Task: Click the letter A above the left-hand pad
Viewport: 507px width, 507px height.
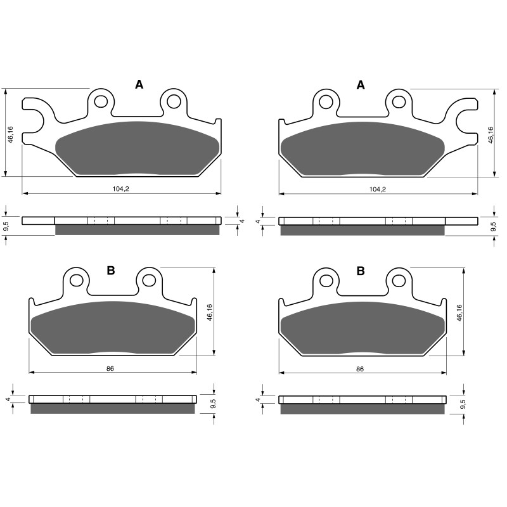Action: (x=139, y=85)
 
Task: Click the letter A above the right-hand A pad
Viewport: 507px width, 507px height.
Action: (x=361, y=85)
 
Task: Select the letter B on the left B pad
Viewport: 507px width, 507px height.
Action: (x=111, y=271)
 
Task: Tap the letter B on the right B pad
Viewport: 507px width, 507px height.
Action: (x=361, y=271)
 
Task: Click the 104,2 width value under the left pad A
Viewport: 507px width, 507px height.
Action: (x=122, y=189)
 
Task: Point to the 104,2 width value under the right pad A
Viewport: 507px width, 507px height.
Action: (x=378, y=189)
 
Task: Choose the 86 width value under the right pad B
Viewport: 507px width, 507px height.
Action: (x=360, y=368)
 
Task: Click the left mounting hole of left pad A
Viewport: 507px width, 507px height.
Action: (x=99, y=100)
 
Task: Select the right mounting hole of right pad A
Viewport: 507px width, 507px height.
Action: (x=397, y=100)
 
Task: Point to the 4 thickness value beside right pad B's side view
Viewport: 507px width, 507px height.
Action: (x=258, y=399)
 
